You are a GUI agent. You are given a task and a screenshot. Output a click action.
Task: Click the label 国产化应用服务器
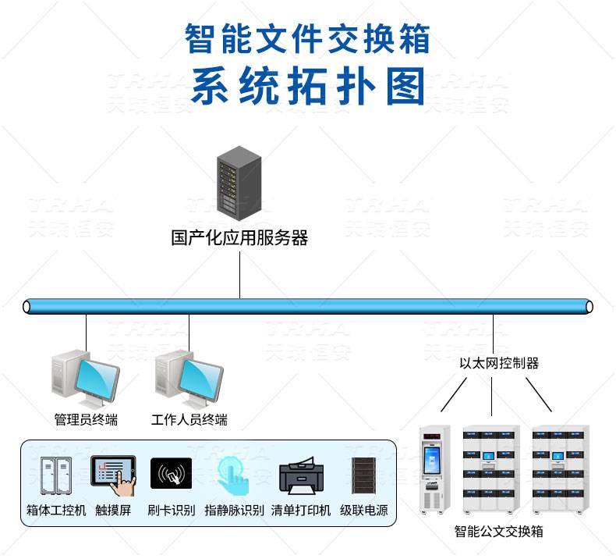pyautogui.click(x=239, y=237)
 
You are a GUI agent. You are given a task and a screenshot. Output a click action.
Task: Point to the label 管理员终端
pyautogui.click(x=86, y=420)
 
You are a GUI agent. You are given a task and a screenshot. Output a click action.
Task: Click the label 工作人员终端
pyautogui.click(x=189, y=420)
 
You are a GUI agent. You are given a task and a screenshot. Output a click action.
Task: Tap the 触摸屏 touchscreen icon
pyautogui.click(x=113, y=476)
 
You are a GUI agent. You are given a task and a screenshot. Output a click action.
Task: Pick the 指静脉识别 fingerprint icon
pyautogui.click(x=232, y=476)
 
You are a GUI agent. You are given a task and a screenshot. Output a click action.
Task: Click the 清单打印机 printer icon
pyautogui.click(x=300, y=477)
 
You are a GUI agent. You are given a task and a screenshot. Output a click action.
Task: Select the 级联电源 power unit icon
pyautogui.click(x=362, y=477)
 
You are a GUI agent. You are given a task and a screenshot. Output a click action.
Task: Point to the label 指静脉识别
pyautogui.click(x=233, y=511)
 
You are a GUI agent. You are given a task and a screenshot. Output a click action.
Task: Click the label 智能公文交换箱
pyautogui.click(x=498, y=532)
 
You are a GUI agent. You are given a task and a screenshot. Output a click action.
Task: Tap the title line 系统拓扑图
pyautogui.click(x=309, y=86)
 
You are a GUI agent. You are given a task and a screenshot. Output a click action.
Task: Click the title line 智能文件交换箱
pyautogui.click(x=308, y=37)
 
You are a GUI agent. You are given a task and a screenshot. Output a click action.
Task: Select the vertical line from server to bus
pyautogui.click(x=239, y=273)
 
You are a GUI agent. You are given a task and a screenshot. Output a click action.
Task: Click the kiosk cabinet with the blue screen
pyautogui.click(x=435, y=468)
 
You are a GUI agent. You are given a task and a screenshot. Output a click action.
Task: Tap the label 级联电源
pyautogui.click(x=363, y=511)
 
